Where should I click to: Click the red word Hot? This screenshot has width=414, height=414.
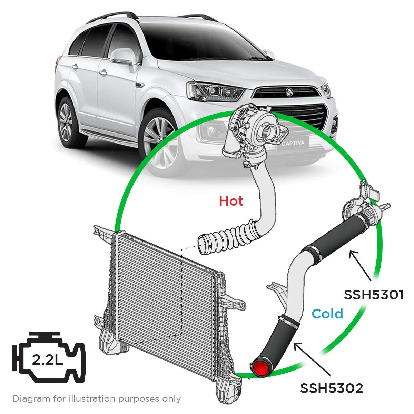tap(231, 201)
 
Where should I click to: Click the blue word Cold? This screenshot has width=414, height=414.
tap(327, 314)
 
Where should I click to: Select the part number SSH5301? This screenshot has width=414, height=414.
tap(373, 295)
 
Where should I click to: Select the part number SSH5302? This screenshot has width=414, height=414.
tap(331, 388)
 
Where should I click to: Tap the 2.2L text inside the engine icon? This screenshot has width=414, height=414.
tap(47, 360)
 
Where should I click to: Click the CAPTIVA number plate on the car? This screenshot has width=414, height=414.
tap(293, 143)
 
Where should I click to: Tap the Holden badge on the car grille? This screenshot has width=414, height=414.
tap(288, 91)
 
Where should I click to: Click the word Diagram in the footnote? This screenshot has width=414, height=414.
tap(31, 399)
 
